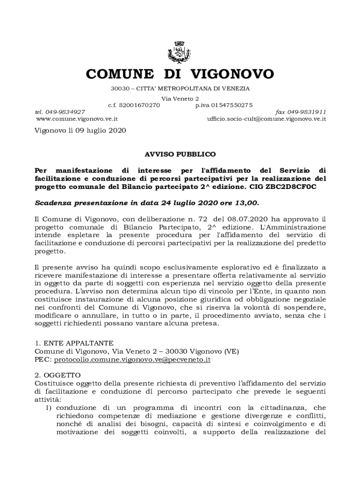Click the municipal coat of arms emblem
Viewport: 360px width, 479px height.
point(180,52)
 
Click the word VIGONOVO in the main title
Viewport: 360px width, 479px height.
point(233,74)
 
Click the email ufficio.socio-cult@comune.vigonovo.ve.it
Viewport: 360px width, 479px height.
point(266,119)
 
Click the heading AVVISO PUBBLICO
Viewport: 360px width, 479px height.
point(180,153)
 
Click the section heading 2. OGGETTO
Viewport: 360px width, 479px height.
point(58,375)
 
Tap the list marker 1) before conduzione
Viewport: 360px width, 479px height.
point(48,407)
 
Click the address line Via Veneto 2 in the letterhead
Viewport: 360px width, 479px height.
point(180,99)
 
